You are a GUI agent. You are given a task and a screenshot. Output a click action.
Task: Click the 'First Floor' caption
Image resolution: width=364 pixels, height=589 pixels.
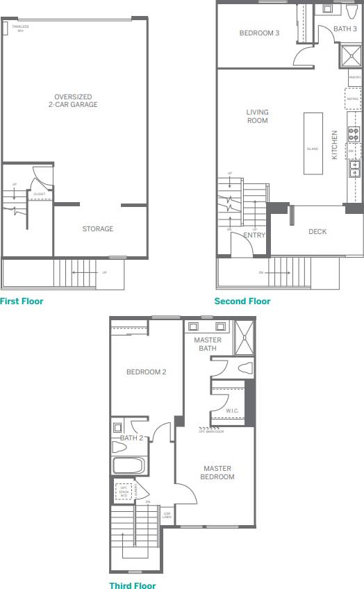pyautogui.click(x=22, y=301)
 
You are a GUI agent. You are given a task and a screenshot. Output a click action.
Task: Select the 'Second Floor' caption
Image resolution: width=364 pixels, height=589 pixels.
pyautogui.click(x=242, y=301)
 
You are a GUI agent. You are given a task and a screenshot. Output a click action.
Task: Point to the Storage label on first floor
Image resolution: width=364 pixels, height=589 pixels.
pyautogui.click(x=97, y=229)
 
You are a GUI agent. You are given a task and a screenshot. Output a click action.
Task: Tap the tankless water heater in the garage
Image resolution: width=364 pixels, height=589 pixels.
pyautogui.click(x=6, y=28)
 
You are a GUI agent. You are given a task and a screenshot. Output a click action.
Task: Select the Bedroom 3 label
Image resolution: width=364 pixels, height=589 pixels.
pyautogui.click(x=259, y=33)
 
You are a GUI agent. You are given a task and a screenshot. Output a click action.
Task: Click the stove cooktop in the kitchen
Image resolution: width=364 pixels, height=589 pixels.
pyautogui.click(x=353, y=134)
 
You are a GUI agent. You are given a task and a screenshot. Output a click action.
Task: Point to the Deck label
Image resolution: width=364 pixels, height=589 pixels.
pyautogui.click(x=317, y=232)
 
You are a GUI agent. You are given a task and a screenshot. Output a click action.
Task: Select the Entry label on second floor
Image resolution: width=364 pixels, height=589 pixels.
pyautogui.click(x=254, y=235)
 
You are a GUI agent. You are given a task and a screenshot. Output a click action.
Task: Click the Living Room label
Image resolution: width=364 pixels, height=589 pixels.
pyautogui.click(x=257, y=116)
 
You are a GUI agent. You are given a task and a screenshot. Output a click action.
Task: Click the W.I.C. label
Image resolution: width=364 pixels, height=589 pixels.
pyautogui.click(x=232, y=411)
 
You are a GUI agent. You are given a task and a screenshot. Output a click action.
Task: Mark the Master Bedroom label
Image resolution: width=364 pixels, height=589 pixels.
pyautogui.click(x=217, y=472)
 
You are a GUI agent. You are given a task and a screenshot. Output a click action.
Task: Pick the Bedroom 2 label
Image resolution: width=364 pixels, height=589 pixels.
pyautogui.click(x=146, y=372)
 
